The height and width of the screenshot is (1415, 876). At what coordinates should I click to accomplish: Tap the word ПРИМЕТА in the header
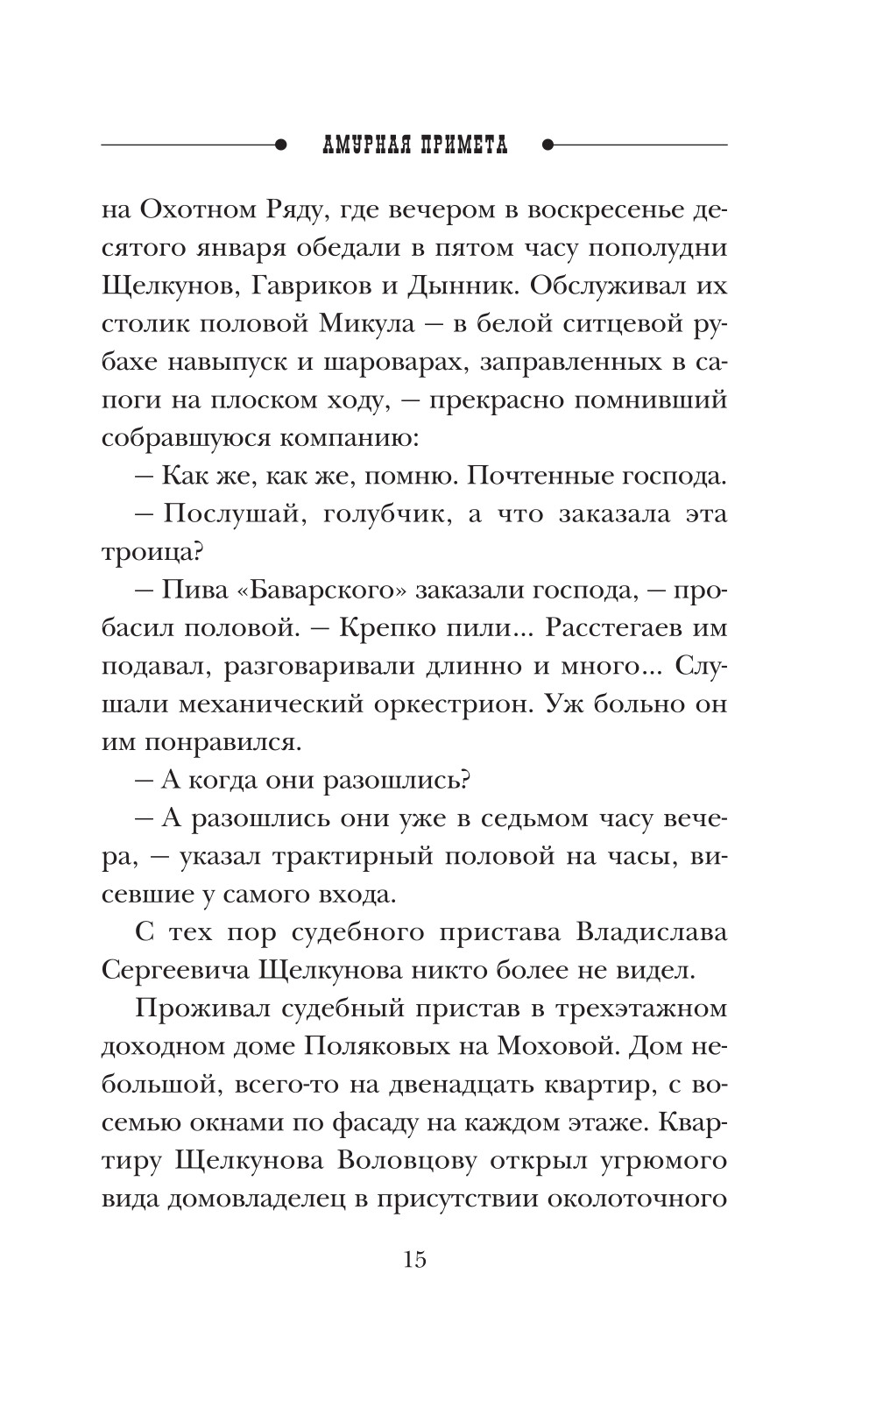pyautogui.click(x=459, y=144)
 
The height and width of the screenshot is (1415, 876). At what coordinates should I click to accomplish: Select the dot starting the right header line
pyautogui.click(x=547, y=144)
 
